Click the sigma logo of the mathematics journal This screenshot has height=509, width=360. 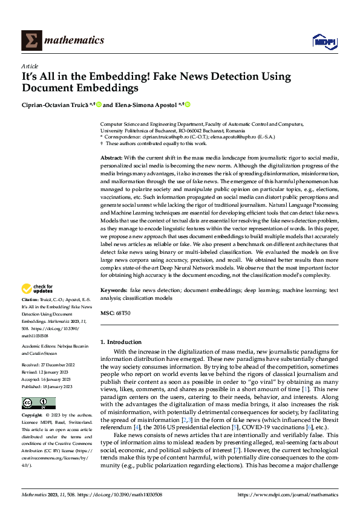[x=31, y=40]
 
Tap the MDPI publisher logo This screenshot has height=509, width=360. [x=324, y=41]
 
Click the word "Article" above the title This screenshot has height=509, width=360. [x=30, y=66]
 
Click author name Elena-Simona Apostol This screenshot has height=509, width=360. [x=148, y=105]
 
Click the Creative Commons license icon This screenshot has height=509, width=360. [x=39, y=403]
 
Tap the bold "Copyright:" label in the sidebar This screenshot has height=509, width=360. [x=33, y=416]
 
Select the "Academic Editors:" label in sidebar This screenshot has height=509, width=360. [x=38, y=346]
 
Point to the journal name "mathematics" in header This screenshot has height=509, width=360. [x=76, y=41]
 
